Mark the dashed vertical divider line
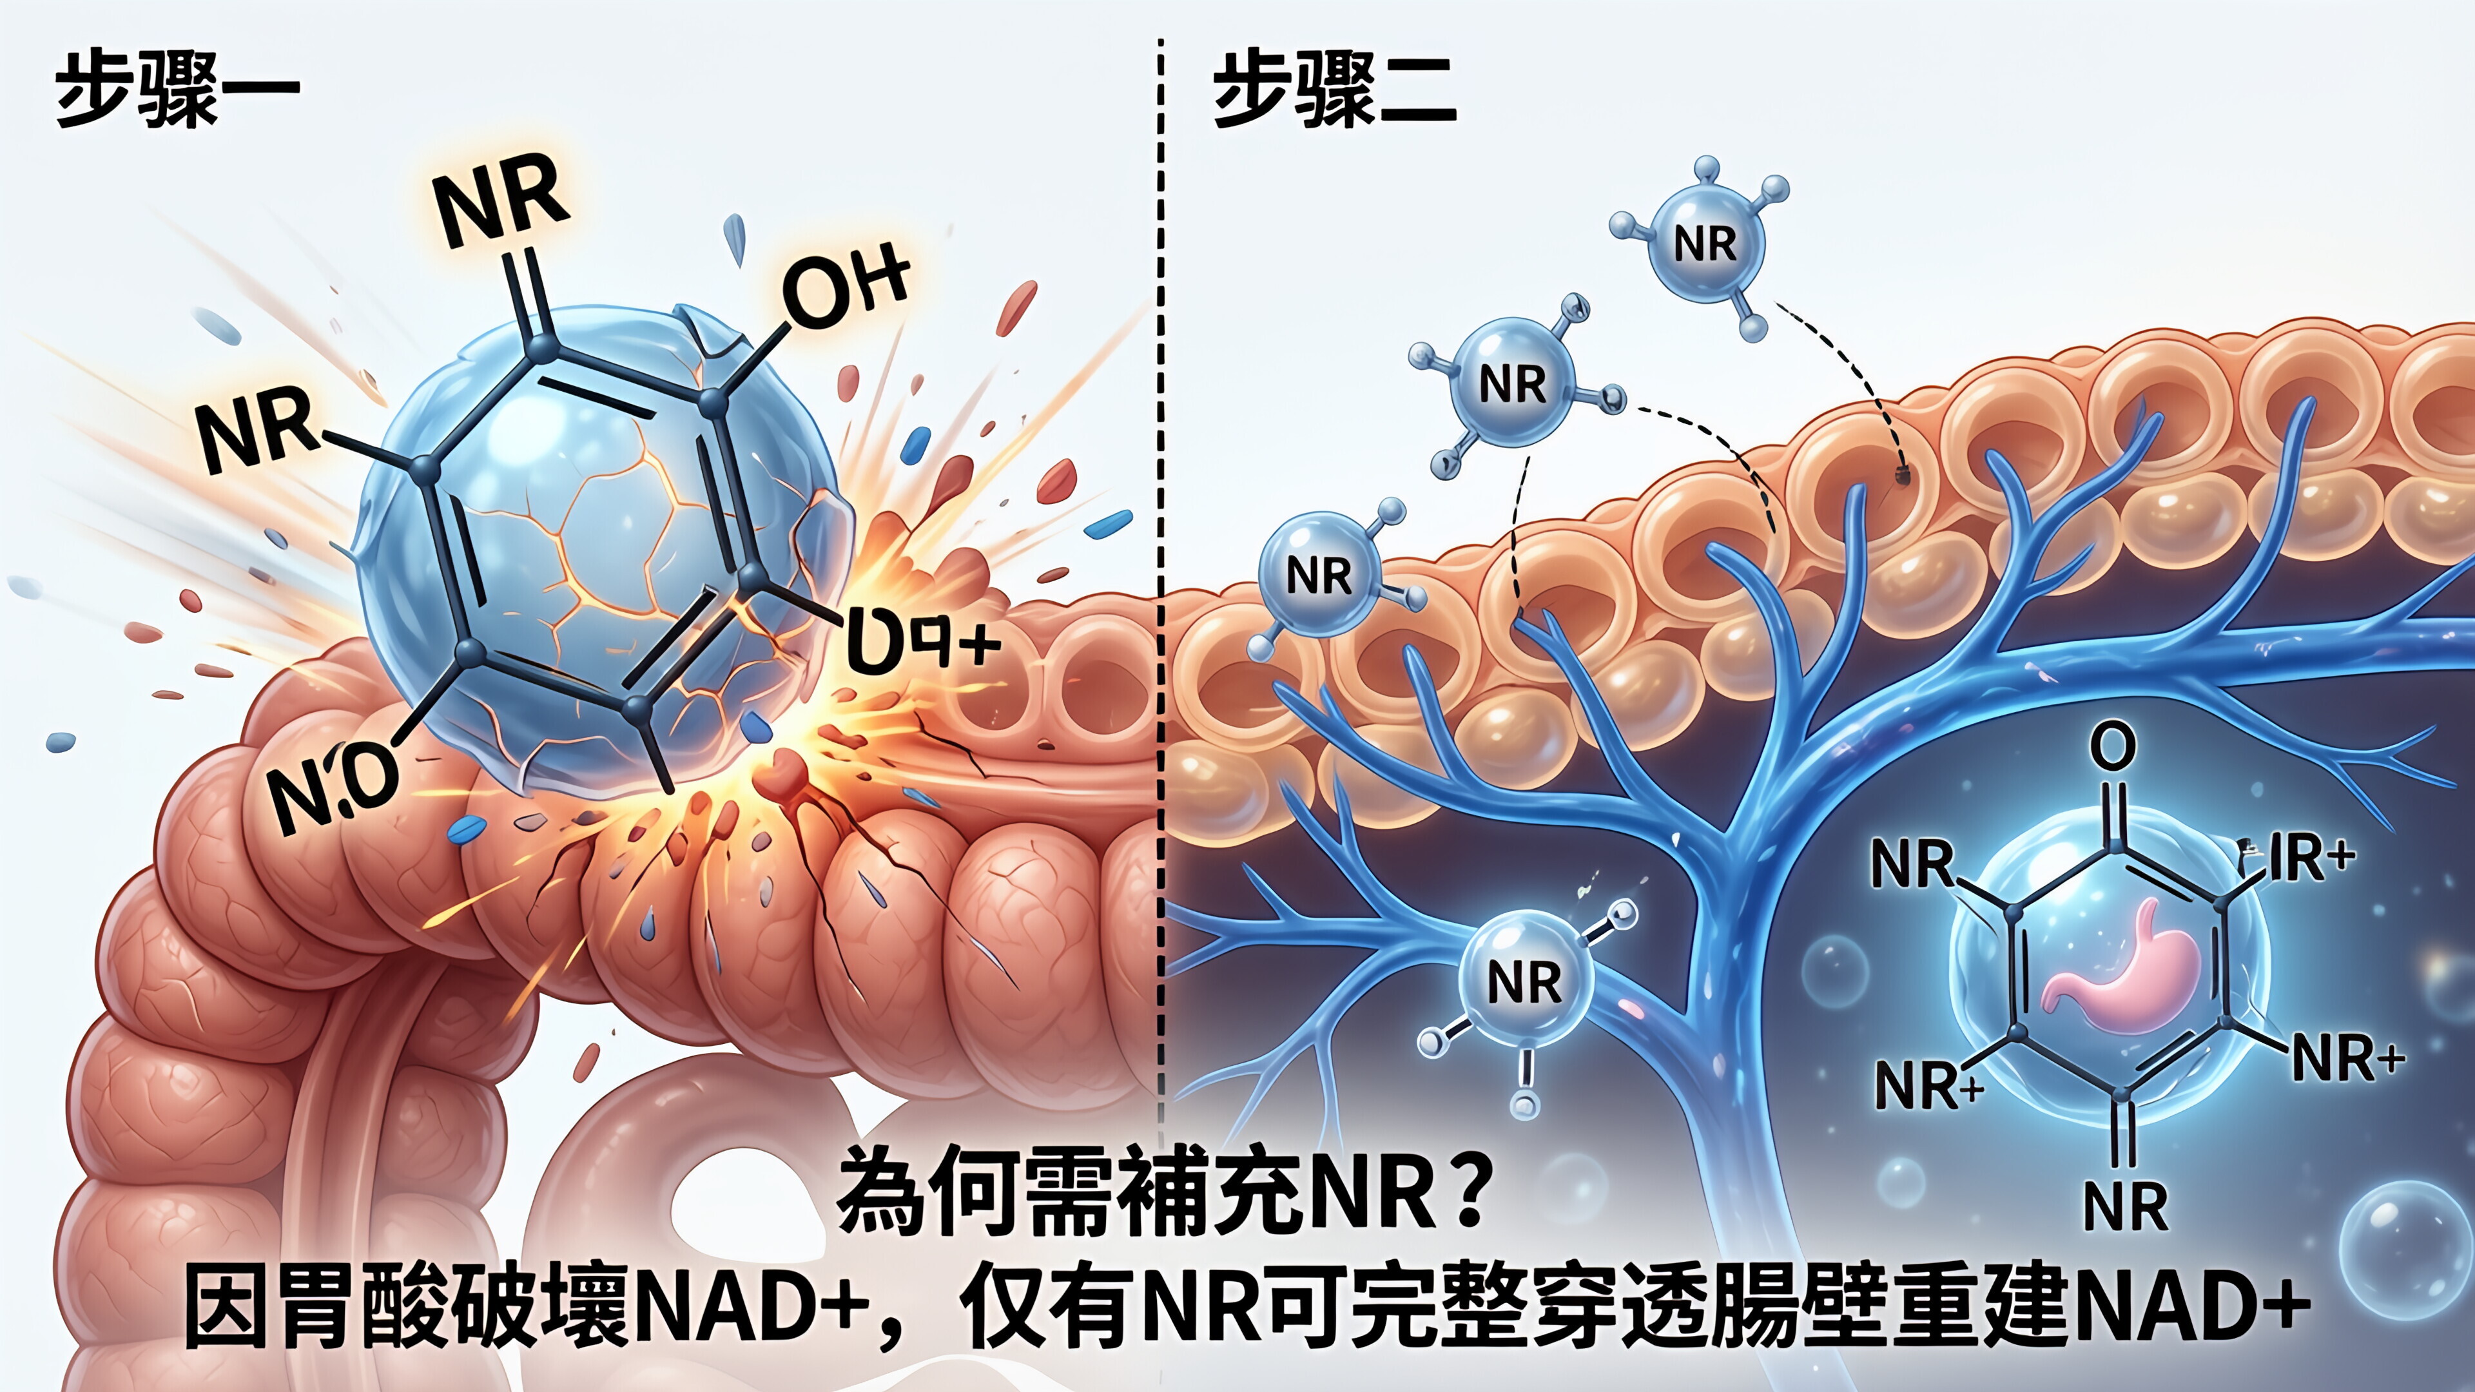coord(1161,576)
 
